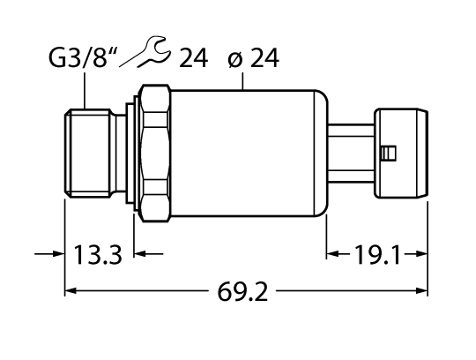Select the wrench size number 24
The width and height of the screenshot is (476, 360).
click(x=193, y=59)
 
